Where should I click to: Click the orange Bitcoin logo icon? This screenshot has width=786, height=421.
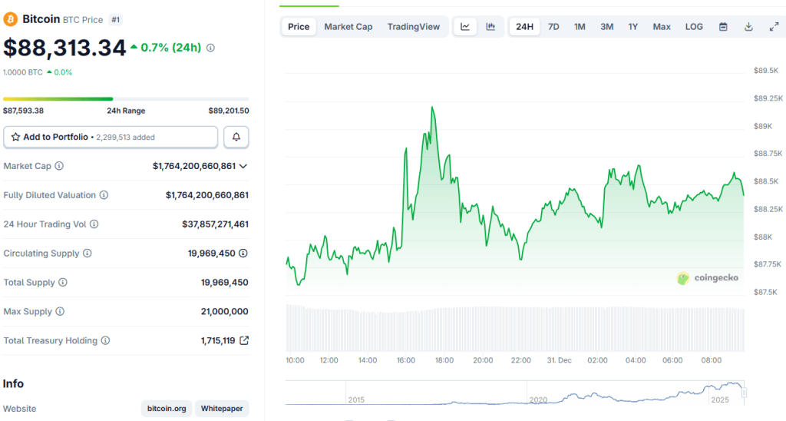[12, 18]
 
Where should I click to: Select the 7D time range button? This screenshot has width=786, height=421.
[553, 27]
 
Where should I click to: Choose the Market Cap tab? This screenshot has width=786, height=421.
[348, 27]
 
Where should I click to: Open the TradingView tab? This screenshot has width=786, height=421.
[414, 27]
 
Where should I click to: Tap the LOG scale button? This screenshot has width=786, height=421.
[694, 27]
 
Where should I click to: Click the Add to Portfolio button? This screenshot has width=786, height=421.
[111, 137]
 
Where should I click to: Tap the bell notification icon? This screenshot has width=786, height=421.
[236, 137]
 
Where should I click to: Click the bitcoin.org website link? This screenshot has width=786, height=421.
[167, 409]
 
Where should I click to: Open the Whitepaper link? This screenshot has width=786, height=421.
[222, 409]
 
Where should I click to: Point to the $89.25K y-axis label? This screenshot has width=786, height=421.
[768, 98]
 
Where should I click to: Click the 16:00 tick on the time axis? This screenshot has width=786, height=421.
[406, 360]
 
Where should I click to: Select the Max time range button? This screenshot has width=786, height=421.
[662, 27]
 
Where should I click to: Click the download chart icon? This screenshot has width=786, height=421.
[748, 27]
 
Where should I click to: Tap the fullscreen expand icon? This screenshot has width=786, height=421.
[774, 27]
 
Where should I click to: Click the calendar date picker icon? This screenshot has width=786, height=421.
[723, 27]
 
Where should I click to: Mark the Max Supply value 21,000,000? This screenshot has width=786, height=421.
[224, 312]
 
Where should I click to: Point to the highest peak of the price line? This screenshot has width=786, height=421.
[433, 108]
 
